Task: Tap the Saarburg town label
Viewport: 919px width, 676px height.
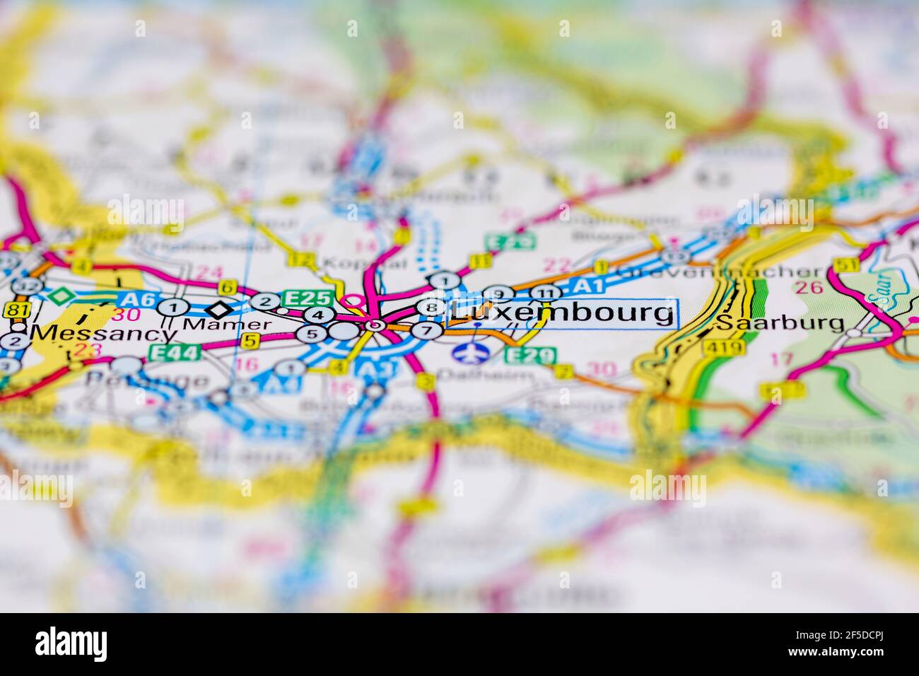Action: click(780, 324)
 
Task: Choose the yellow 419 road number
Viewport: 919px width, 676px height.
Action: click(730, 346)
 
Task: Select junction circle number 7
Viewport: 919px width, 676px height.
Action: click(426, 330)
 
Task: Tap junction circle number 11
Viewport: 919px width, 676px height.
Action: click(545, 293)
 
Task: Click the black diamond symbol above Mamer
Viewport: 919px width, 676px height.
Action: click(219, 309)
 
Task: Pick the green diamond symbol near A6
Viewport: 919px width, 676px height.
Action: click(63, 295)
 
